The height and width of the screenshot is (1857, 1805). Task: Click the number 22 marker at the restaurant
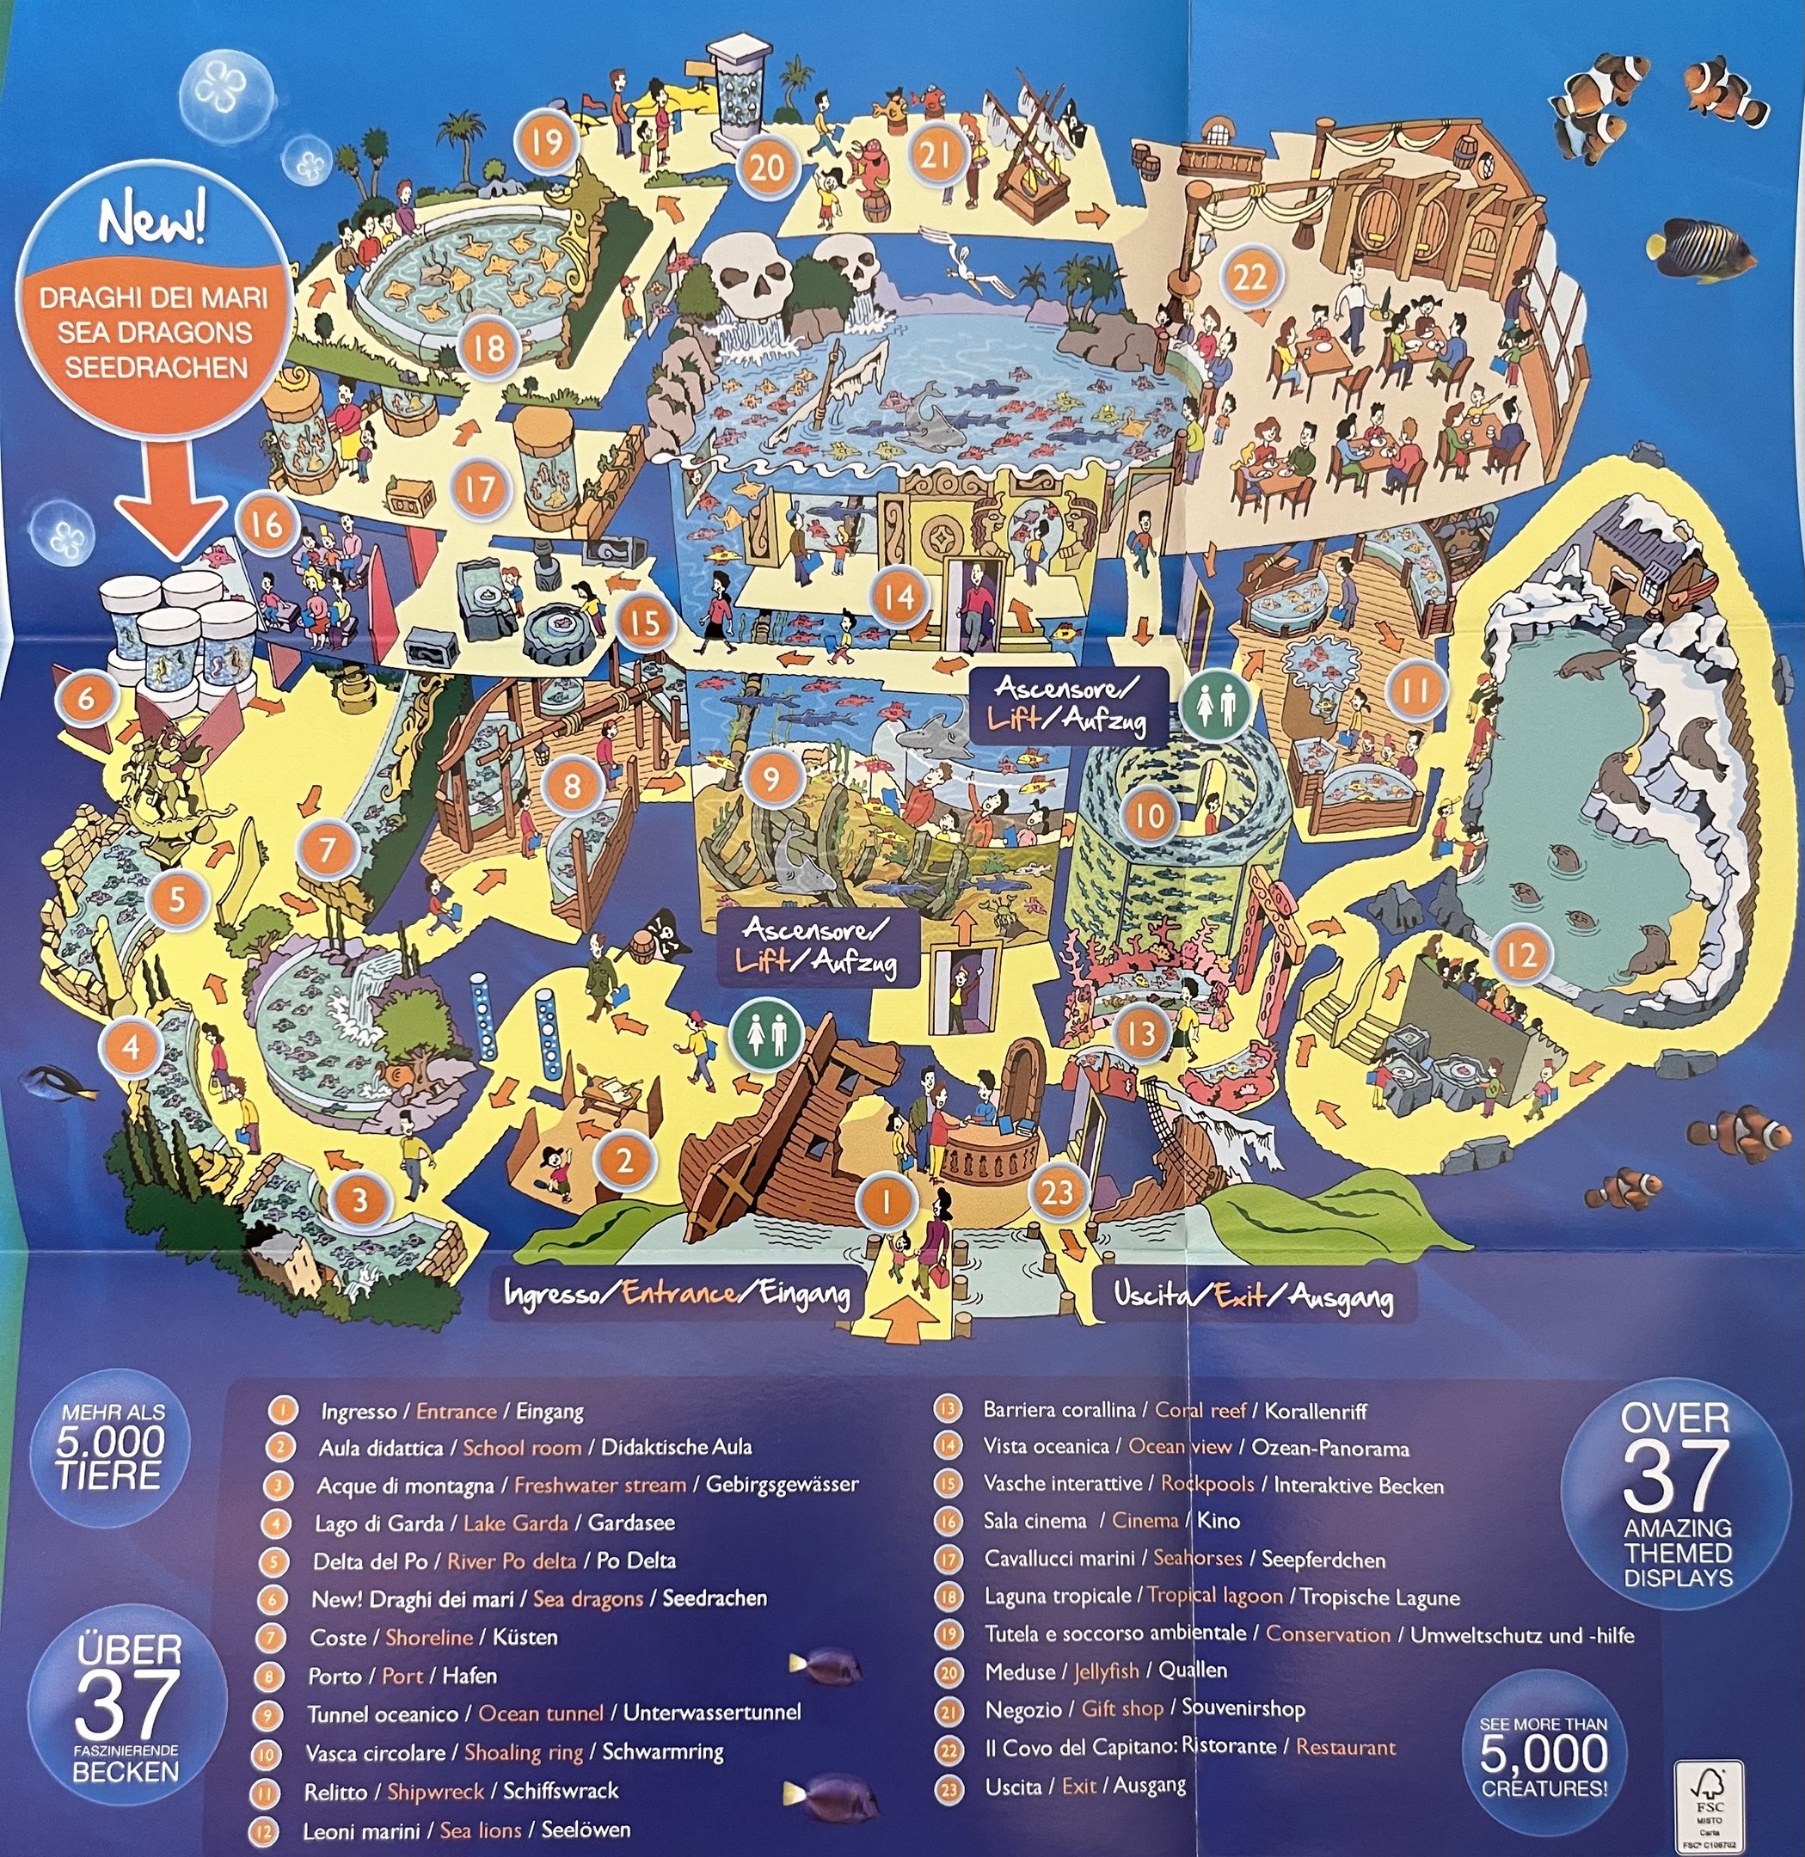click(1249, 278)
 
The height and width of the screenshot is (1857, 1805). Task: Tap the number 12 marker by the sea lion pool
click(1521, 953)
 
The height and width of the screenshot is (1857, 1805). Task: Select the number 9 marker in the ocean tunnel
click(771, 778)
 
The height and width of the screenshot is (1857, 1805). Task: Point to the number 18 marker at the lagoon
click(489, 347)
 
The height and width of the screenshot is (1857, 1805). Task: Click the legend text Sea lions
click(481, 1829)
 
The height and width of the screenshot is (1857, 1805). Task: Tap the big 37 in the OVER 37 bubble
click(1677, 1475)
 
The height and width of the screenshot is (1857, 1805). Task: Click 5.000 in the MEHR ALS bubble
click(110, 1442)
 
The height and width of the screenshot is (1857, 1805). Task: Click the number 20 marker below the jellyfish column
click(767, 167)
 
